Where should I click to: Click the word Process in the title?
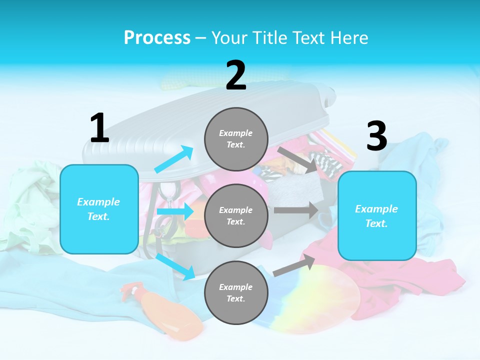pos(157,37)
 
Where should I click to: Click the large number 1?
pos(99,128)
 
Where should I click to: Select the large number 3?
pos(376,136)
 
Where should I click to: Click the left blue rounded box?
pos(99,209)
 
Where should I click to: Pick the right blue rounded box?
pos(377,215)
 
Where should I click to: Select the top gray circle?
pos(236,139)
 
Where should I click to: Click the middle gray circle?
pos(236,215)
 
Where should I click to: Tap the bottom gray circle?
pos(236,292)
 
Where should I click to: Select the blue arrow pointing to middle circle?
pos(175,211)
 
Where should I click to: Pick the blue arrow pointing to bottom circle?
pos(175,266)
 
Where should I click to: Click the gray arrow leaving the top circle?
pos(298,159)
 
